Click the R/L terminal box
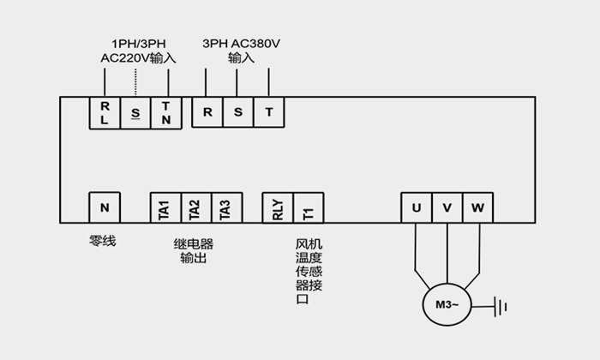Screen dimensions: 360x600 (105, 113)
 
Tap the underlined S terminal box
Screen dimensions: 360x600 (135, 113)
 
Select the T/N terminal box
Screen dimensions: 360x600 (166, 113)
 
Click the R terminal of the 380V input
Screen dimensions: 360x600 (207, 112)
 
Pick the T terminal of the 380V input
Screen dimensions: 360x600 (268, 112)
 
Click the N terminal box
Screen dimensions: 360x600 (105, 208)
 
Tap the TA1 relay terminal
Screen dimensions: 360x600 (165, 208)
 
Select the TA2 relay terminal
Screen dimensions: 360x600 (195, 208)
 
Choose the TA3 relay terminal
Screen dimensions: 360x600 (225, 208)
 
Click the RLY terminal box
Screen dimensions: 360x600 (278, 208)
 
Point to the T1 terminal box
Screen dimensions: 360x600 (309, 208)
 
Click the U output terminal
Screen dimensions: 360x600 (417, 208)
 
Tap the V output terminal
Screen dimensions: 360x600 (447, 208)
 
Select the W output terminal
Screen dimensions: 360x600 (477, 208)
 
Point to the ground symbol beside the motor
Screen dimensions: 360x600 (503, 305)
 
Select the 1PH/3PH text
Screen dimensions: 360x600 (136, 43)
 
